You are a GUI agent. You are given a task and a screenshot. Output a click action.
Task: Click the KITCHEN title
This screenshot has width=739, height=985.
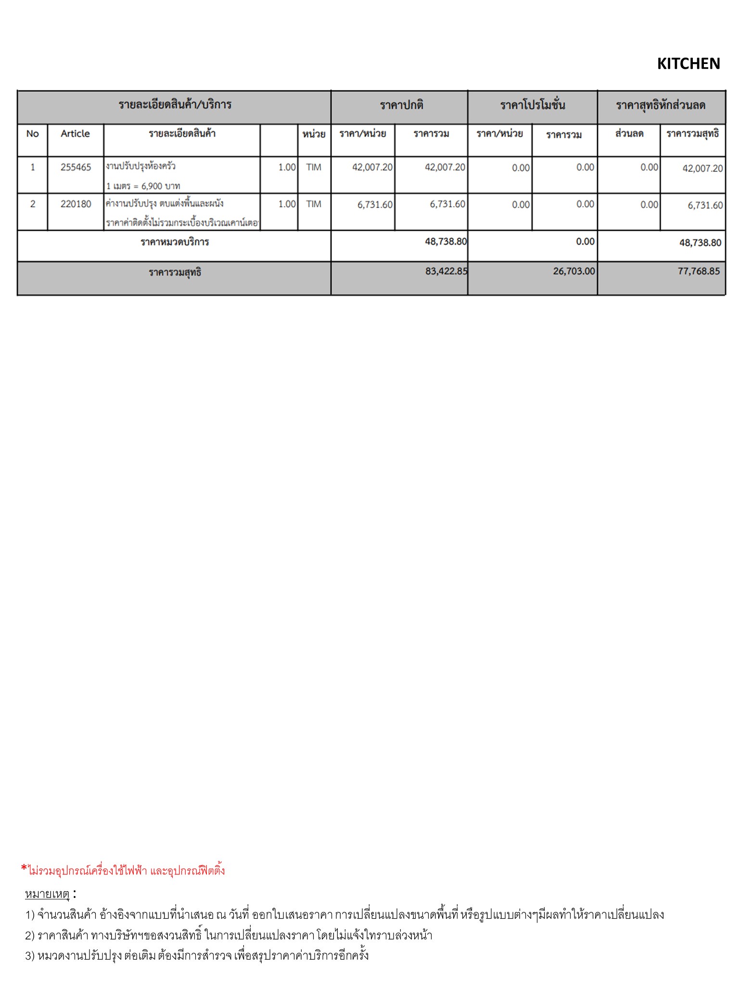pyautogui.click(x=688, y=63)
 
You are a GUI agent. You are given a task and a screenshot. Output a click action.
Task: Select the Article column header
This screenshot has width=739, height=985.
pyautogui.click(x=75, y=134)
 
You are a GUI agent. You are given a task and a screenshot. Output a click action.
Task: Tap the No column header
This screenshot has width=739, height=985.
pyautogui.click(x=32, y=134)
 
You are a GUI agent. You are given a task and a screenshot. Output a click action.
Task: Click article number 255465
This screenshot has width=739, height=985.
pyautogui.click(x=76, y=167)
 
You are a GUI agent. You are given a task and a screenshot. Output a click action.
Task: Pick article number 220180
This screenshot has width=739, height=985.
pyautogui.click(x=76, y=204)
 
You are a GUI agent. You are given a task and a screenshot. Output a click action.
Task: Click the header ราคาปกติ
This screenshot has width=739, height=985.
pyautogui.click(x=401, y=105)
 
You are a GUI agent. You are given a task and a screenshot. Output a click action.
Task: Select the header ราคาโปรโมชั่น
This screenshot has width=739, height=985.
pyautogui.click(x=532, y=105)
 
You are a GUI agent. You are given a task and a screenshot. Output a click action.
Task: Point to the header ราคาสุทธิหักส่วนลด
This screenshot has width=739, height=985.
pyautogui.click(x=661, y=105)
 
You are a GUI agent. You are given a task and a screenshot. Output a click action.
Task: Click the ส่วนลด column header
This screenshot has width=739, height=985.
pyautogui.click(x=629, y=134)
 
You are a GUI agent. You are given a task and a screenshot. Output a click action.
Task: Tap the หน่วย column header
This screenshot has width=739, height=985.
pyautogui.click(x=314, y=134)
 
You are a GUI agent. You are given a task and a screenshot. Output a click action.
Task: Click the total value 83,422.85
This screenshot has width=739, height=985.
pyautogui.click(x=446, y=271)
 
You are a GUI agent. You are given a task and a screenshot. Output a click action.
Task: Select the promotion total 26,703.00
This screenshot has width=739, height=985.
pyautogui.click(x=573, y=271)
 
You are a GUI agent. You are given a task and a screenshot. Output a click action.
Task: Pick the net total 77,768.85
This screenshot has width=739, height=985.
pyautogui.click(x=699, y=271)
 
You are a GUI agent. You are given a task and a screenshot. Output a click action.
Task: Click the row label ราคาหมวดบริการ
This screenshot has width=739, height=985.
pyautogui.click(x=175, y=242)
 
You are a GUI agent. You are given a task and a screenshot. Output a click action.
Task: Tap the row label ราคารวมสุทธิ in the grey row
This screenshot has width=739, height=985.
pyautogui.click(x=175, y=273)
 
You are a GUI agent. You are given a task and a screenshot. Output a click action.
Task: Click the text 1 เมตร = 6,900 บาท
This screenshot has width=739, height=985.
pyautogui.click(x=143, y=186)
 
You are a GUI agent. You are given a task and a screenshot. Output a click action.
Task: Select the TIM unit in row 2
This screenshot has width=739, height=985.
pyautogui.click(x=314, y=204)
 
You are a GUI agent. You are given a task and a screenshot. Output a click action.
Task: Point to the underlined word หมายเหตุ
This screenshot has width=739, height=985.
pyautogui.click(x=47, y=894)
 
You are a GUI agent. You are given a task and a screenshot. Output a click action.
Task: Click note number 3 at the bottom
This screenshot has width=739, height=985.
pyautogui.click(x=197, y=955)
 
